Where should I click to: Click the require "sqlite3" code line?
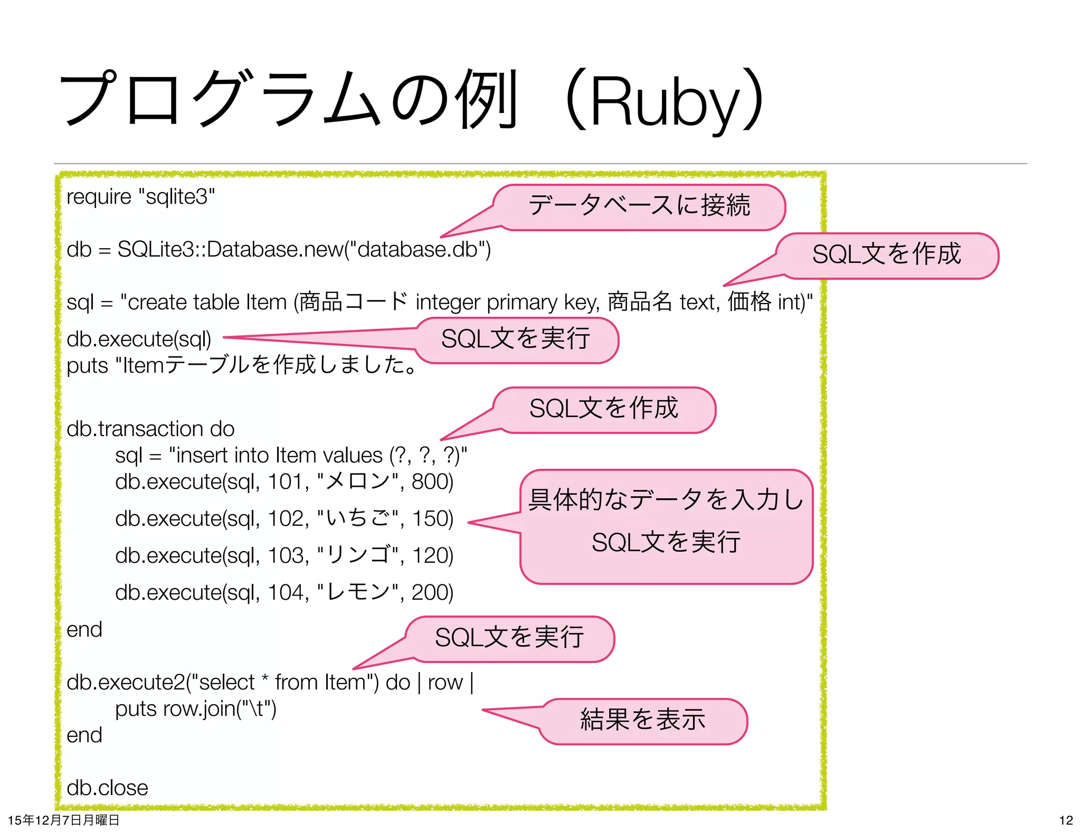pos(140,196)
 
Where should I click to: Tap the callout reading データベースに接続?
pos(639,206)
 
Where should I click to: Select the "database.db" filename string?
pos(417,249)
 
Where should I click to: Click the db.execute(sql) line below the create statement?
pos(139,339)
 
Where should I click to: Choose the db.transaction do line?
pos(150,429)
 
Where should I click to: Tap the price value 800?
pos(432,481)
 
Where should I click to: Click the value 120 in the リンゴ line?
pos(432,555)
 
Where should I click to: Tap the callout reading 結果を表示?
pos(643,720)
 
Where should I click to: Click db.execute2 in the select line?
pos(126,682)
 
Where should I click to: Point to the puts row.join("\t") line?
pos(196,708)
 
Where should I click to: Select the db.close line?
pos(107,788)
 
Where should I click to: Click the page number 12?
pos(1066,820)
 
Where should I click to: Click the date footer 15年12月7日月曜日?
pos(63,820)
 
